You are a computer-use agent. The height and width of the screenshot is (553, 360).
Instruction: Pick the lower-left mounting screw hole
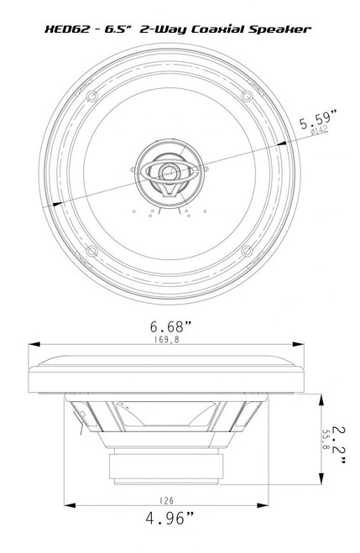94,251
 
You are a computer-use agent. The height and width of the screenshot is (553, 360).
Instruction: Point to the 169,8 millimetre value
167,340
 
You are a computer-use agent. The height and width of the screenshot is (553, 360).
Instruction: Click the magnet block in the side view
168,467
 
